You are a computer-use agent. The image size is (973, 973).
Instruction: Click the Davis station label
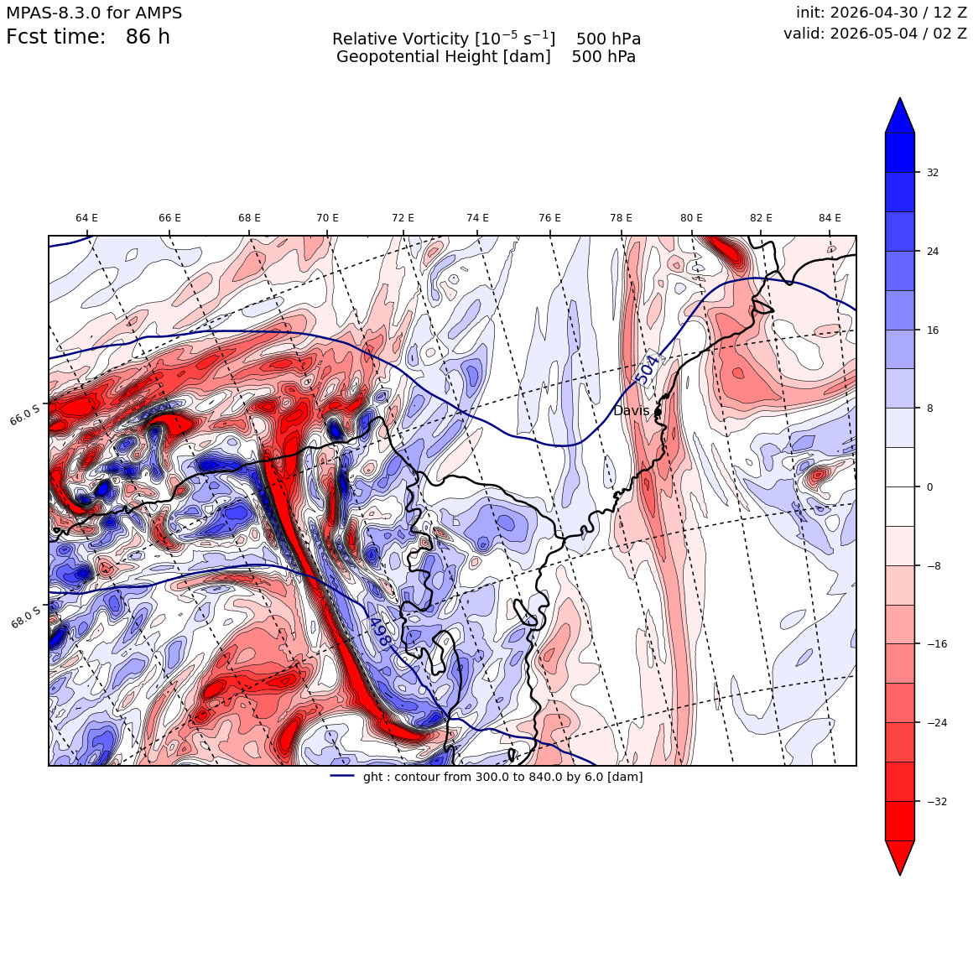tap(631, 411)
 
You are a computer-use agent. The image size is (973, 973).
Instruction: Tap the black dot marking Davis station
tap(658, 411)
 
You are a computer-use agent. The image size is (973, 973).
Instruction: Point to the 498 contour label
tap(379, 632)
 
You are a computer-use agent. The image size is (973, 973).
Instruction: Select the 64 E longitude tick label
tap(87, 218)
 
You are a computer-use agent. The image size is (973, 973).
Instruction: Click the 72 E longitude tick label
tap(403, 218)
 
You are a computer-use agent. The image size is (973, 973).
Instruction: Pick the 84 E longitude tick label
tap(830, 218)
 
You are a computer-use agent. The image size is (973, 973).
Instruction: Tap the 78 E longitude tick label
tap(622, 218)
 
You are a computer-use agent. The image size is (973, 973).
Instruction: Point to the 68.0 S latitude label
tap(26, 617)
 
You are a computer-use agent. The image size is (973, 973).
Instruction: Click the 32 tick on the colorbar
tap(933, 173)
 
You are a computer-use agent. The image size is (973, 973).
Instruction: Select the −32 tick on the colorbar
tap(936, 801)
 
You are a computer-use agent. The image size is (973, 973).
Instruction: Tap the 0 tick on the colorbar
tap(929, 487)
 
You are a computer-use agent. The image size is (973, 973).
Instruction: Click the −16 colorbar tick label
tap(936, 644)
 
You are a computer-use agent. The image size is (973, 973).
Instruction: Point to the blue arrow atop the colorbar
tap(900, 116)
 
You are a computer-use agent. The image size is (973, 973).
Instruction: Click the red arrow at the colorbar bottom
tap(900, 857)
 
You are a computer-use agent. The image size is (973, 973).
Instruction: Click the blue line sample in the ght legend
tap(342, 776)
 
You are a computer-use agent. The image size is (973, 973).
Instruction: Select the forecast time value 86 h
tap(148, 37)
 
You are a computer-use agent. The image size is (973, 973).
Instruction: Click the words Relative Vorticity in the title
tap(400, 39)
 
